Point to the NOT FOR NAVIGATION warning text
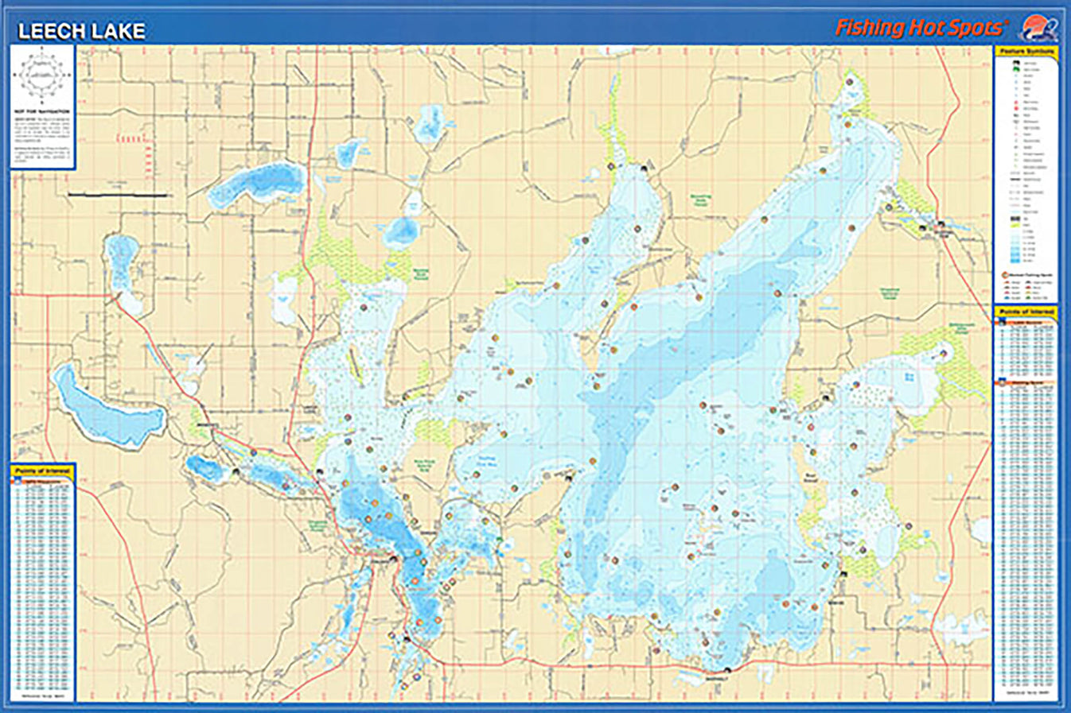[42, 112]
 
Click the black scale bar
[117, 194]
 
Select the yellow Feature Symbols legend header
[1026, 52]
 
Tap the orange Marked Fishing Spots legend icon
[1006, 274]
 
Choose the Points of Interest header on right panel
[1026, 312]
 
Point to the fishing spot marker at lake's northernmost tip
[850, 82]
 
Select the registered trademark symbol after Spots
[1007, 21]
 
